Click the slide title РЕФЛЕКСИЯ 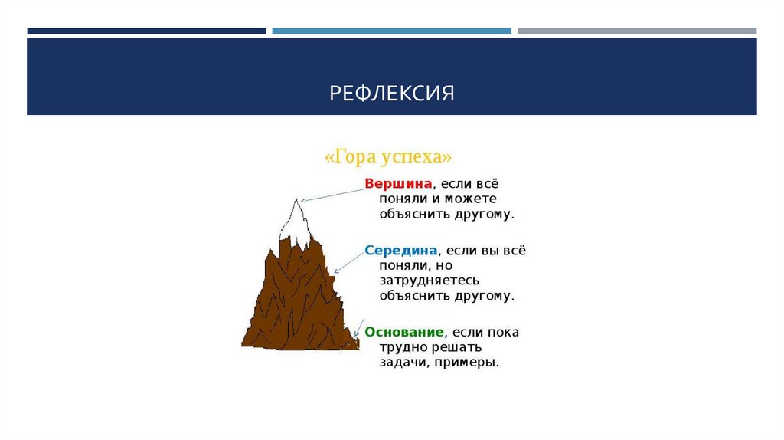pyautogui.click(x=392, y=94)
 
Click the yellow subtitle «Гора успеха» pyautogui.click(x=389, y=156)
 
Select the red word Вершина pyautogui.click(x=399, y=184)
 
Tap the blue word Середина pyautogui.click(x=400, y=251)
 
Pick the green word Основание pyautogui.click(x=404, y=332)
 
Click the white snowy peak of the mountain pyautogui.click(x=296, y=218)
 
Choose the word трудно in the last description pyautogui.click(x=402, y=347)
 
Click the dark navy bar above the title pyautogui.click(x=146, y=31)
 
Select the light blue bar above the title pyautogui.click(x=391, y=31)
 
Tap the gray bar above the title pyautogui.click(x=636, y=31)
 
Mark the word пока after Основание pyautogui.click(x=501, y=332)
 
